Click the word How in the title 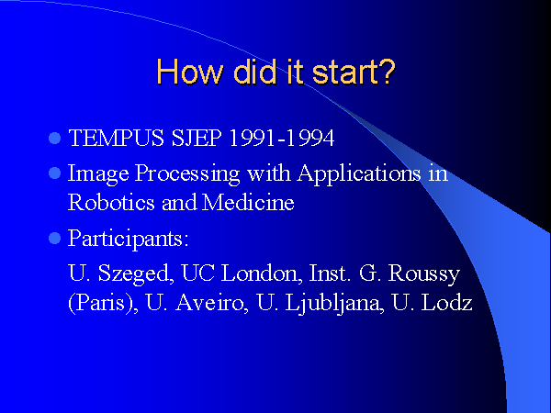[190, 72]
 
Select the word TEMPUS [117, 138]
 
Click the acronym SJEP [197, 138]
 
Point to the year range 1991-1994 [282, 138]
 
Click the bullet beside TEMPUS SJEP [54, 138]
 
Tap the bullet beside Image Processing [54, 173]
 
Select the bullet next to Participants [54, 239]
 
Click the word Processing [187, 174]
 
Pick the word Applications [359, 174]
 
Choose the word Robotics [111, 203]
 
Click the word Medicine [249, 203]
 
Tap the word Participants [128, 240]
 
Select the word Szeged [136, 273]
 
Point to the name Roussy [424, 273]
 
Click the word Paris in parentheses [100, 303]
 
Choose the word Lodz [446, 303]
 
